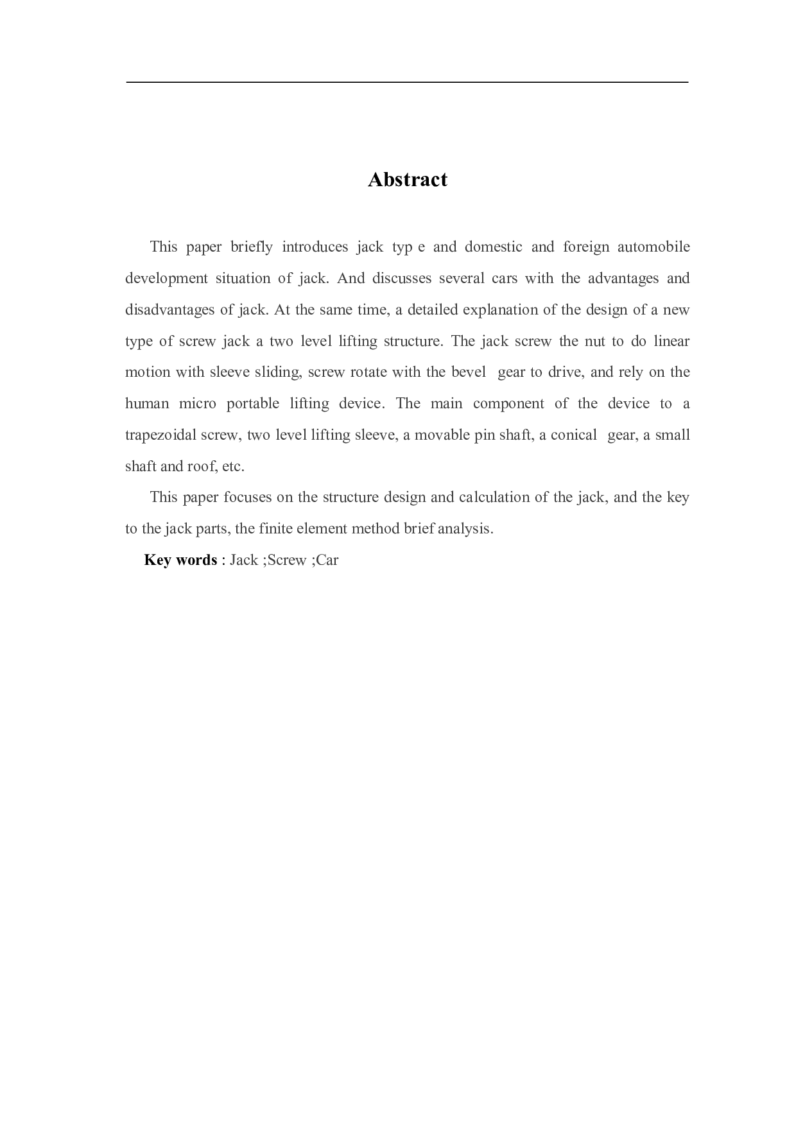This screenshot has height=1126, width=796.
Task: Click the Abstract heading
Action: click(x=407, y=180)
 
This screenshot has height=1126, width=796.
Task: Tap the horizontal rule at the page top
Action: click(x=407, y=82)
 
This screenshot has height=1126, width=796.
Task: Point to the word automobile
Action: click(x=653, y=247)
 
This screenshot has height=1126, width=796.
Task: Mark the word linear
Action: click(x=671, y=341)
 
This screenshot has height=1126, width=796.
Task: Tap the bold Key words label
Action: click(x=180, y=560)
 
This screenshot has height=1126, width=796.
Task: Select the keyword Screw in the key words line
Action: click(x=287, y=560)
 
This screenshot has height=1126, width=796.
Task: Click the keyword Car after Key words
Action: click(x=327, y=560)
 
